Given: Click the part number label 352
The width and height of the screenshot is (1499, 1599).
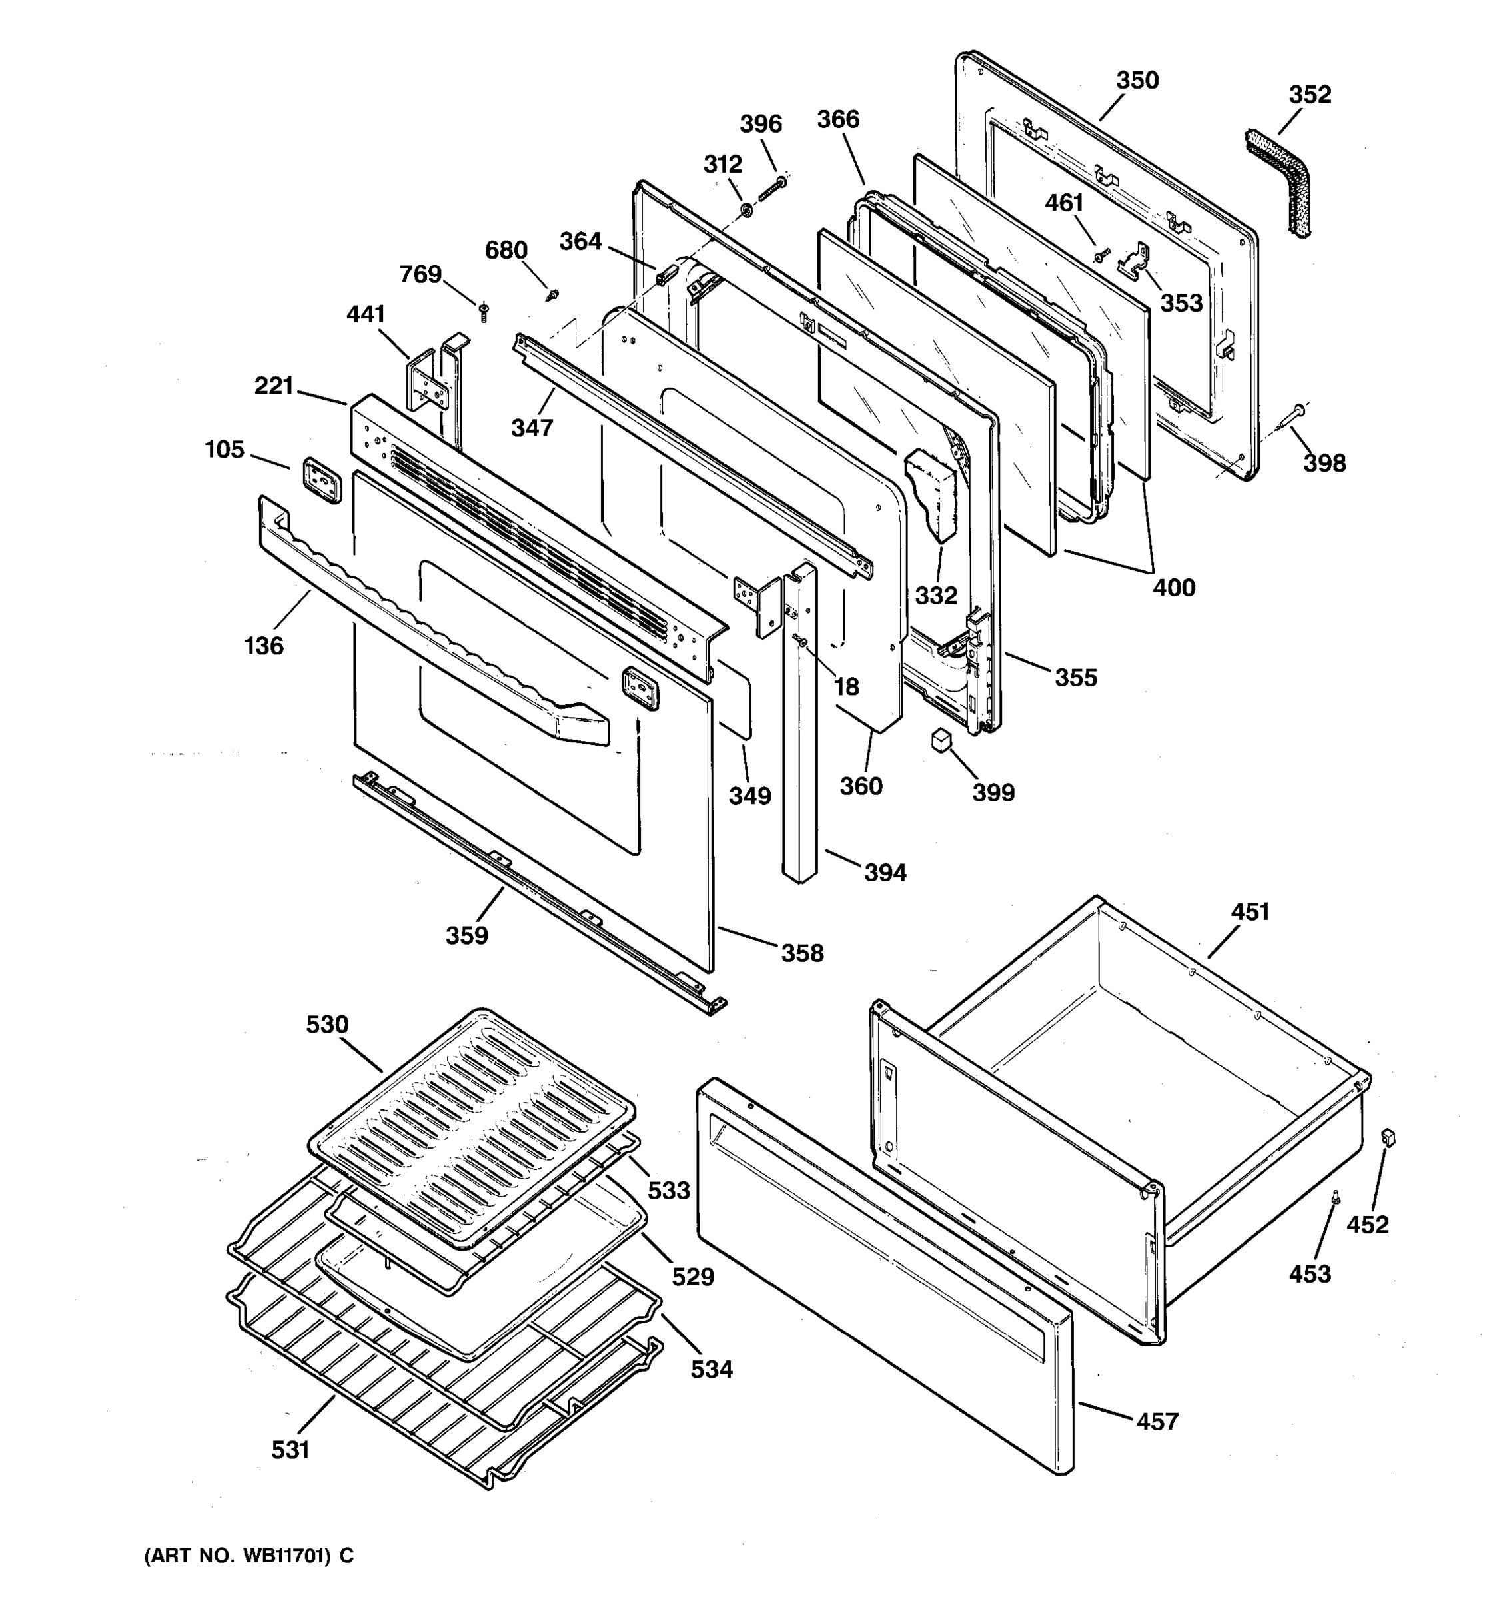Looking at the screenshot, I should coord(1310,95).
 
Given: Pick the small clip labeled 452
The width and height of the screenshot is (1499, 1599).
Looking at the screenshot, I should coord(1387,1137).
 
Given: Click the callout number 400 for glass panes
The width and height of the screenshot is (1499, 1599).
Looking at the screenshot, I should coord(1173,587).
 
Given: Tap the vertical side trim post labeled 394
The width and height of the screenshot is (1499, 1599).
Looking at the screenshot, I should coord(799,724).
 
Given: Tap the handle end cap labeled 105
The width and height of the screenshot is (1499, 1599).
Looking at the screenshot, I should coord(322,481).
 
